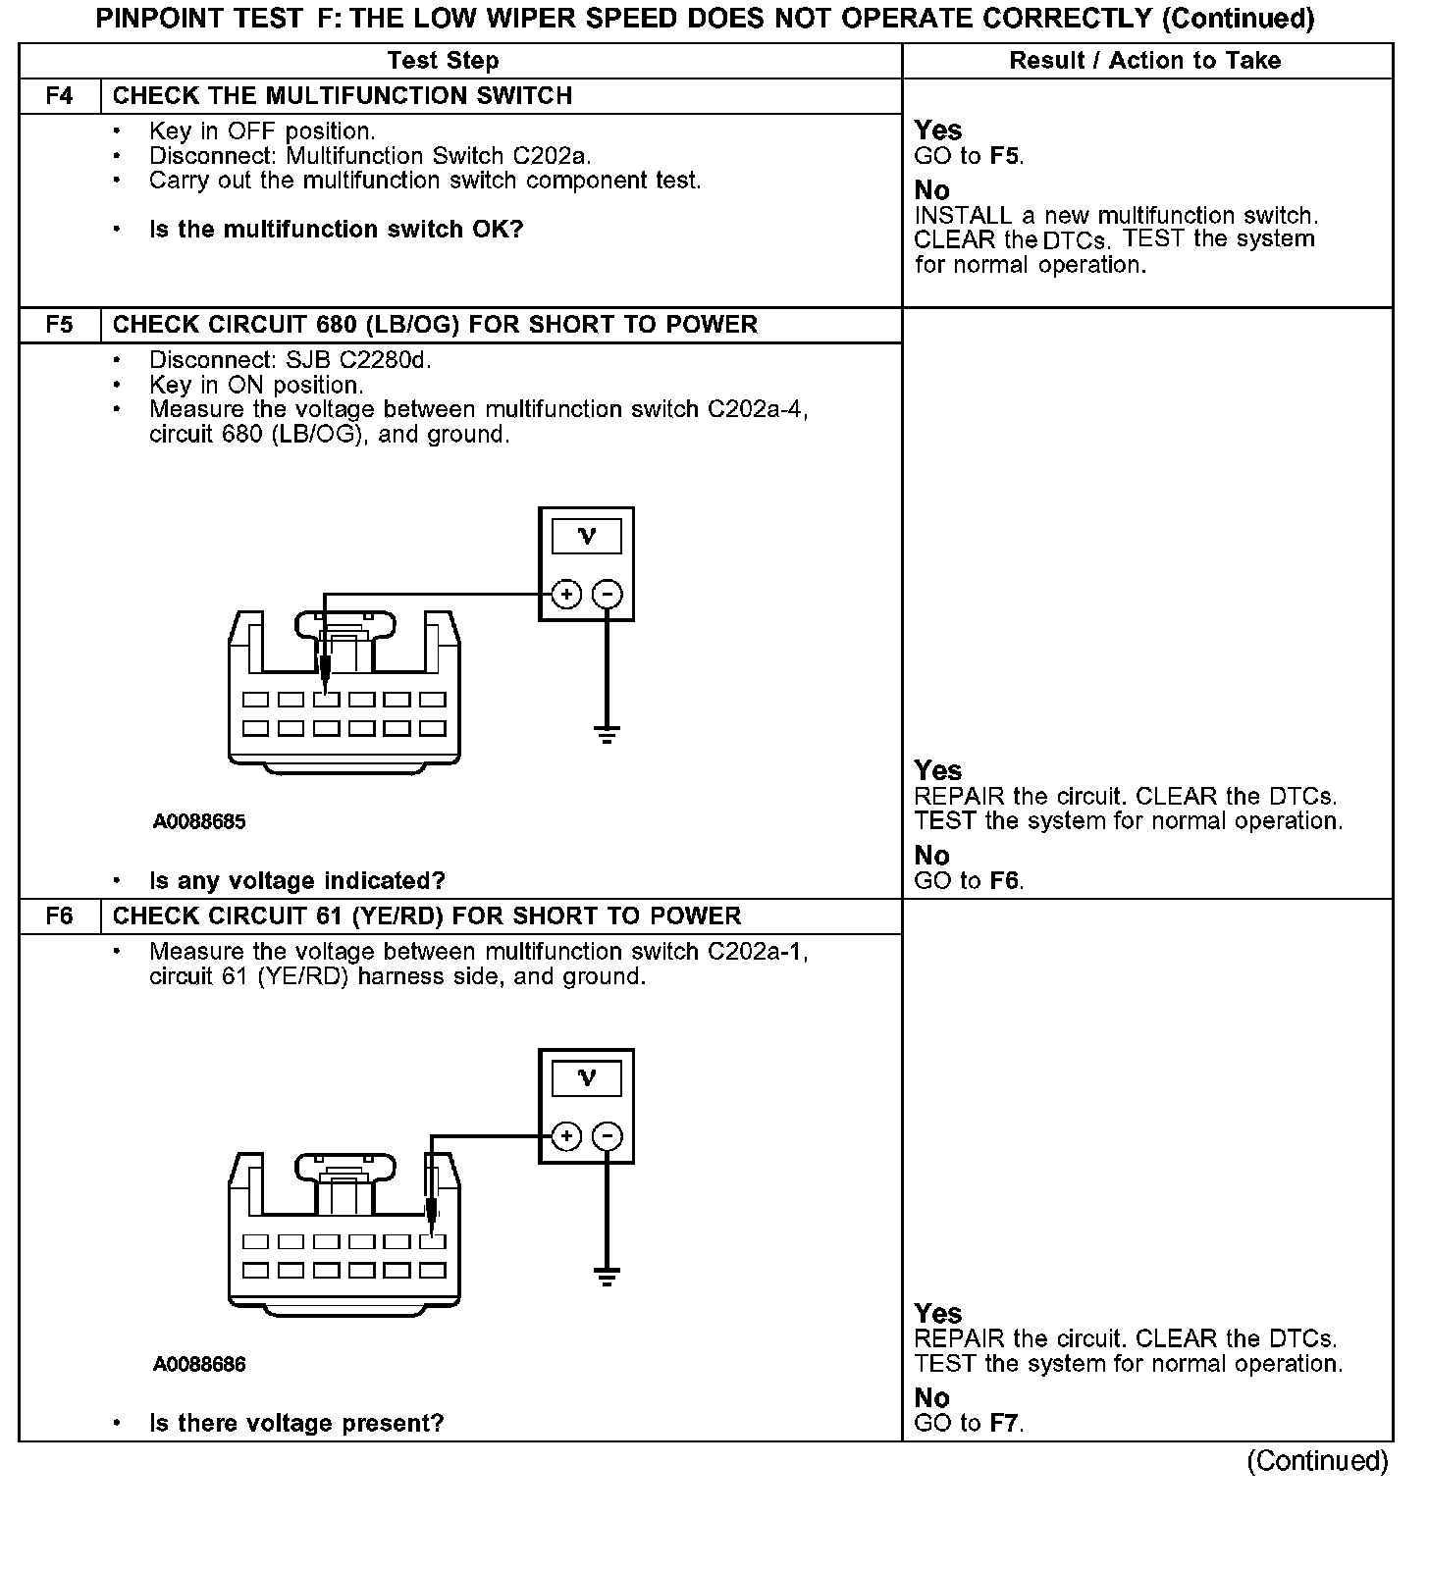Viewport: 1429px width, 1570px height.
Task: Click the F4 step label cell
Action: (x=59, y=96)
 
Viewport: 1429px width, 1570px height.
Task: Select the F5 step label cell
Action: (x=59, y=325)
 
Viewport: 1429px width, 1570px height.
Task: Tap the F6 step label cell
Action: (x=59, y=916)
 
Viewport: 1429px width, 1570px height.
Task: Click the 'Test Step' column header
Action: (x=443, y=61)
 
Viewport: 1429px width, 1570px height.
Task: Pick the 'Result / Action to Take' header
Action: (x=1144, y=61)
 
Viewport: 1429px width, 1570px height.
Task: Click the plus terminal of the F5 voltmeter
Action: (x=566, y=594)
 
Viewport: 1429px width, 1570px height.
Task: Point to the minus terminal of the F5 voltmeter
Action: (x=608, y=594)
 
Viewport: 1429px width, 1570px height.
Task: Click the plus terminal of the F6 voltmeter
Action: (x=566, y=1136)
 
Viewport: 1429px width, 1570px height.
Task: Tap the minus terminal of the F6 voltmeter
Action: (x=608, y=1136)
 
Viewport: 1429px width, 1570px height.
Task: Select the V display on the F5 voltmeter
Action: (x=587, y=536)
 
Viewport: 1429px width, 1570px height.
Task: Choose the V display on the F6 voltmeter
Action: (x=587, y=1078)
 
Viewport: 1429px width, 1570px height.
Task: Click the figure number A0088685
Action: (x=199, y=822)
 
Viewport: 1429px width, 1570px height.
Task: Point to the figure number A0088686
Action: (x=199, y=1365)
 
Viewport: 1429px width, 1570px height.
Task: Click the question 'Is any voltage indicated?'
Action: (x=296, y=881)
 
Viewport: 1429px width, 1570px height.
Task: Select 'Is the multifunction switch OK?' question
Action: (x=336, y=230)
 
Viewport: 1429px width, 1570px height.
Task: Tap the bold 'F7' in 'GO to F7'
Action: (x=1003, y=1424)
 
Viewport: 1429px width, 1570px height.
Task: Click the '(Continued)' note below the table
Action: (x=1317, y=1462)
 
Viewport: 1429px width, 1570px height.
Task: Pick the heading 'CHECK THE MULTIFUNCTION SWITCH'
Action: (x=343, y=96)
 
